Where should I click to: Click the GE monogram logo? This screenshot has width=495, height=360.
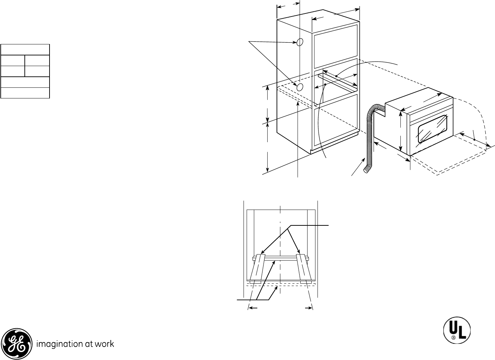pyautogui.click(x=18, y=343)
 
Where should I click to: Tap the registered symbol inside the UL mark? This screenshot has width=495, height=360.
pyautogui.click(x=454, y=338)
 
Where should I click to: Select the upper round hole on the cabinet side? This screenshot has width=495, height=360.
pyautogui.click(x=299, y=42)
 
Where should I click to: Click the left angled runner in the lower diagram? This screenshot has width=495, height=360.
pyautogui.click(x=258, y=267)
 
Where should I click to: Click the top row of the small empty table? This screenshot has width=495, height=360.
pyautogui.click(x=25, y=49)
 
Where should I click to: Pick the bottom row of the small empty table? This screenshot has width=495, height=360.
pyautogui.click(x=25, y=93)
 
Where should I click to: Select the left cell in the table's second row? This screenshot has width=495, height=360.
pyautogui.click(x=13, y=60)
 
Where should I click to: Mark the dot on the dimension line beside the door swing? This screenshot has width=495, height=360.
pyautogui.click(x=474, y=139)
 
